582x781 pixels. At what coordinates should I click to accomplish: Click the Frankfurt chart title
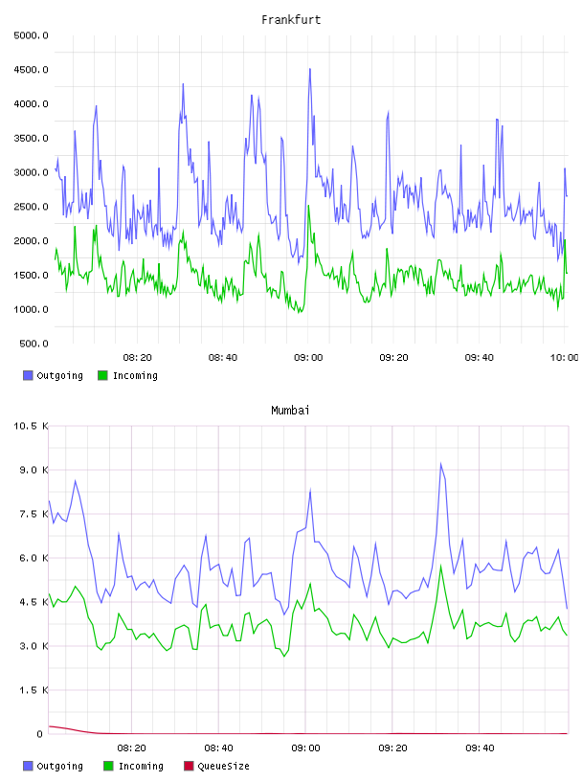[x=291, y=20]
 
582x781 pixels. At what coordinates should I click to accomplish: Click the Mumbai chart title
[x=290, y=411]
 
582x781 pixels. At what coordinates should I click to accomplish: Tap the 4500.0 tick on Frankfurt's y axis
[x=31, y=70]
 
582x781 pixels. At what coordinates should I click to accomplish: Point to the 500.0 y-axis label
[x=34, y=344]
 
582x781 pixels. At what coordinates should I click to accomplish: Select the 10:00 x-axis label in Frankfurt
[x=564, y=358]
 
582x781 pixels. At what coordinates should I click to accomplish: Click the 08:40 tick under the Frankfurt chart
[x=223, y=358]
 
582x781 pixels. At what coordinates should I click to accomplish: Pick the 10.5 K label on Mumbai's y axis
[x=31, y=426]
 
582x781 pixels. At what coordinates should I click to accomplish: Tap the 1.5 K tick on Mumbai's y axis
[x=34, y=690]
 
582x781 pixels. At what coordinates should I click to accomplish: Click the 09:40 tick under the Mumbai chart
[x=480, y=748]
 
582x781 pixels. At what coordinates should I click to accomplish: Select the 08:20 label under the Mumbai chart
[x=131, y=748]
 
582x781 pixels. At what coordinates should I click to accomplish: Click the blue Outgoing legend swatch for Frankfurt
[x=28, y=375]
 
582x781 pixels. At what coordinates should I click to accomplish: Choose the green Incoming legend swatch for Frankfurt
[x=102, y=375]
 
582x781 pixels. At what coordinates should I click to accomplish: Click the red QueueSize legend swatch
[x=189, y=766]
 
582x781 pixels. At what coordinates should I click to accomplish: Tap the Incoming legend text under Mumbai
[x=141, y=766]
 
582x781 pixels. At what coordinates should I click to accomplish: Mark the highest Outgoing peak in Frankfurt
[x=310, y=69]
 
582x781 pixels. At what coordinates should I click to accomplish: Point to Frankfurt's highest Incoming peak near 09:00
[x=308, y=206]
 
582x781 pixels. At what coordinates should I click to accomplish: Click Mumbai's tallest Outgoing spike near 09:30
[x=441, y=463]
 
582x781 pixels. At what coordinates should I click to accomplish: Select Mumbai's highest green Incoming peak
[x=441, y=566]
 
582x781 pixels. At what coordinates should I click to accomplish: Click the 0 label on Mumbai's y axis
[x=40, y=734]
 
